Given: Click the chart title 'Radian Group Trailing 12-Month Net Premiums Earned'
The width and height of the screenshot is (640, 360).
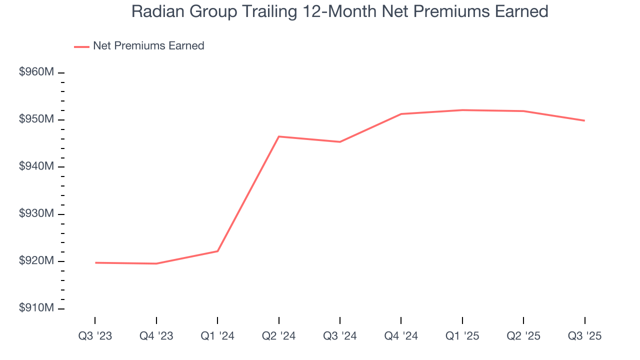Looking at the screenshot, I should [x=339, y=11].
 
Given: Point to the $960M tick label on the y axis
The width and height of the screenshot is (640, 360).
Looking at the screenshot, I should [x=36, y=72].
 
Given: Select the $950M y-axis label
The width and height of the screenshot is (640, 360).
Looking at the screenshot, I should [x=36, y=120].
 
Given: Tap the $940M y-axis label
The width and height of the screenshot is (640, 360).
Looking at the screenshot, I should [x=36, y=167].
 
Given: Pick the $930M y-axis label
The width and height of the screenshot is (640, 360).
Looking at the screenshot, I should [x=36, y=214].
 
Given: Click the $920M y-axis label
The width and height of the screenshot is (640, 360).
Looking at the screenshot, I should [x=36, y=261].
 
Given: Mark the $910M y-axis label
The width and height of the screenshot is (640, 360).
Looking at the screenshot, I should [x=36, y=308].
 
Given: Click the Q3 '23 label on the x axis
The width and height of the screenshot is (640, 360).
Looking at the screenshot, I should [x=95, y=336].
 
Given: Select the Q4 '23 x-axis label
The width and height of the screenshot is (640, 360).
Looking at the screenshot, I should [x=156, y=336].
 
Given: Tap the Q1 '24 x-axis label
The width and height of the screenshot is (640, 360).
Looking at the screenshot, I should [x=217, y=336].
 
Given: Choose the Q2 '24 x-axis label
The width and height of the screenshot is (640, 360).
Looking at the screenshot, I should [x=279, y=336].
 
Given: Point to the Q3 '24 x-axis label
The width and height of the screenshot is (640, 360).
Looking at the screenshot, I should [x=340, y=336].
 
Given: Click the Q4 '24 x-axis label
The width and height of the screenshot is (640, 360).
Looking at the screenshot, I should [x=401, y=336].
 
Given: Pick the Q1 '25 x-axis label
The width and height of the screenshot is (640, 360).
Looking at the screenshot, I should [x=462, y=336].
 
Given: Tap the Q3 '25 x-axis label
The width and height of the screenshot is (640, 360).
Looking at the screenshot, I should [x=585, y=336].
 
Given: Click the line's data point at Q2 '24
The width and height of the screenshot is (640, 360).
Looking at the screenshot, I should [x=279, y=136].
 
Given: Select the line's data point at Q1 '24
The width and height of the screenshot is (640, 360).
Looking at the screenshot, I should [x=217, y=251].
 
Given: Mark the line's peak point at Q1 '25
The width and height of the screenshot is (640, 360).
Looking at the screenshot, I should [x=462, y=110].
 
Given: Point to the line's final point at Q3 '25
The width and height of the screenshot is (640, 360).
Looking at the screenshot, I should [x=584, y=120].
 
